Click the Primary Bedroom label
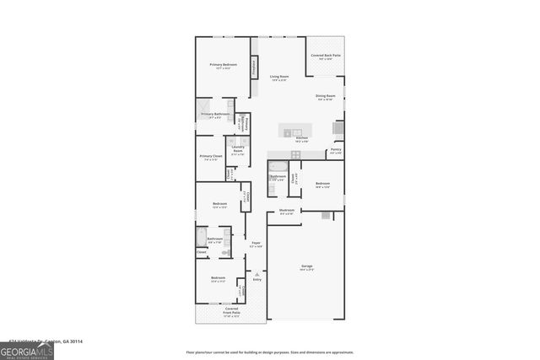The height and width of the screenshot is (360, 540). point(223,66)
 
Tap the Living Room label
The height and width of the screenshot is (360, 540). point(278,78)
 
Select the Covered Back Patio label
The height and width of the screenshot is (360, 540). point(325,56)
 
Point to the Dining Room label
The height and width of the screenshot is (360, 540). point(326,97)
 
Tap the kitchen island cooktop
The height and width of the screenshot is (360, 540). point(288,132)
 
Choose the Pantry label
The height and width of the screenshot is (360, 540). point(336,151)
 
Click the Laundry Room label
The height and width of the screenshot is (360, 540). point(238,149)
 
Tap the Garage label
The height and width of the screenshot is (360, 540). point(306,267)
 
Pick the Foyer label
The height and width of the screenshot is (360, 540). point(255,244)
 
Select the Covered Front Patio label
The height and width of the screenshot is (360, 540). point(230,311)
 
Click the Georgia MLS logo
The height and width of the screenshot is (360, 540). point(27,348)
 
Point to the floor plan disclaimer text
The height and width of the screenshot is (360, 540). point(270,352)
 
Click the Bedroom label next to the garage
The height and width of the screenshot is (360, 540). point(322,185)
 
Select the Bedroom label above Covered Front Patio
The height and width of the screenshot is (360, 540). point(218,279)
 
